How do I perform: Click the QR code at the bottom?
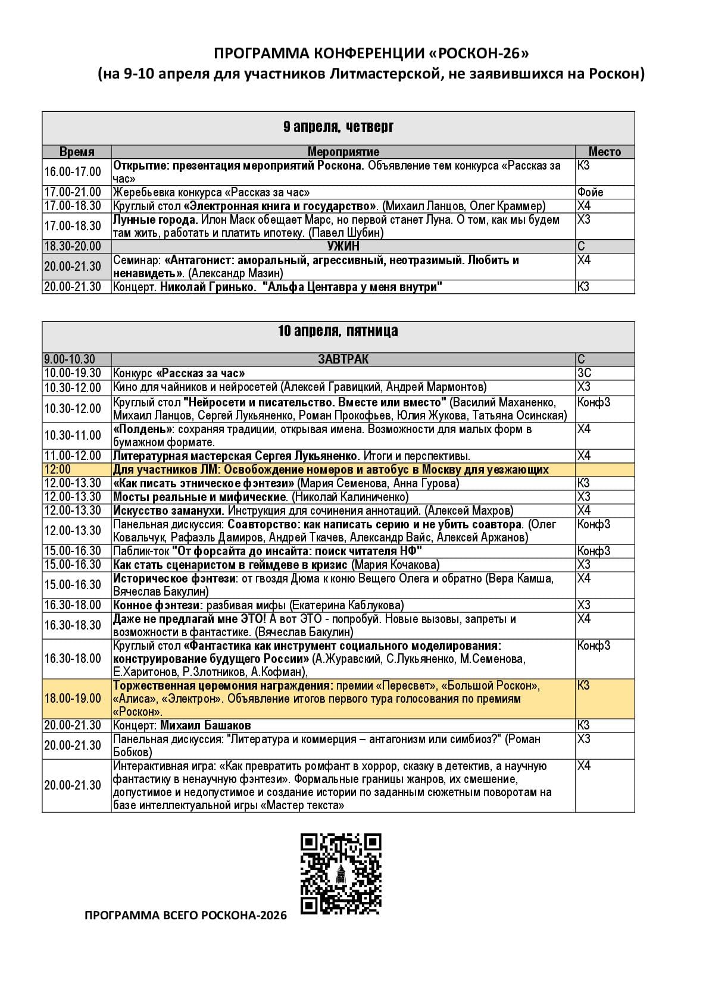pyautogui.click(x=341, y=873)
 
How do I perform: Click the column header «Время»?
pyautogui.click(x=77, y=152)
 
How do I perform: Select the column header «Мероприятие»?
pyautogui.click(x=343, y=152)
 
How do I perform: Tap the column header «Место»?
pyautogui.click(x=604, y=152)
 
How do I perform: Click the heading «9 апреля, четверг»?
pyautogui.click(x=338, y=127)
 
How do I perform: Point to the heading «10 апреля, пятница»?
pyautogui.click(x=338, y=331)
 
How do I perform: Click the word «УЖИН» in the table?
pyautogui.click(x=343, y=246)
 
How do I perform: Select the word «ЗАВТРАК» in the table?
pyautogui.click(x=343, y=359)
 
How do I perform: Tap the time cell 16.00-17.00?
pyautogui.click(x=73, y=172)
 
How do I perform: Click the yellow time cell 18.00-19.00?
pyautogui.click(x=73, y=699)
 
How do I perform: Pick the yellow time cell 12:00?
pyautogui.click(x=57, y=469)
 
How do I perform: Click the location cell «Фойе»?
pyautogui.click(x=590, y=192)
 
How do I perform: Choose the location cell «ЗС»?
pyautogui.click(x=584, y=373)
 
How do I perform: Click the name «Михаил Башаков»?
pyautogui.click(x=205, y=725)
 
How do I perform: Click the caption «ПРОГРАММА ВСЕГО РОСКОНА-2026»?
pyautogui.click(x=186, y=916)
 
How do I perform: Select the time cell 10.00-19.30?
pyautogui.click(x=73, y=373)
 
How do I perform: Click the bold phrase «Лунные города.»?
pyautogui.click(x=155, y=220)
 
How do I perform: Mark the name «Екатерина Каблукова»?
pyautogui.click(x=346, y=605)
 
